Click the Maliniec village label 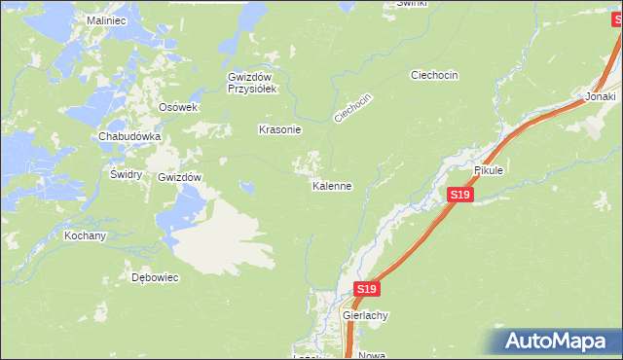[x=107, y=19]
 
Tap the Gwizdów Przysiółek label [x=253, y=83]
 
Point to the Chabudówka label [x=128, y=137]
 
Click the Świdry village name [x=127, y=174]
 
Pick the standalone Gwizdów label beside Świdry [x=179, y=178]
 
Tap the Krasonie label [x=279, y=129]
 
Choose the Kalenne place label [x=331, y=186]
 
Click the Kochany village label [x=85, y=236]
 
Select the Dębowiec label [x=155, y=277]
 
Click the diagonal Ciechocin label [x=354, y=108]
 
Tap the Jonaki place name [x=601, y=97]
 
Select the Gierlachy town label [x=366, y=316]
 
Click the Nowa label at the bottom [x=372, y=355]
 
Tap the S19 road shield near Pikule [x=460, y=197]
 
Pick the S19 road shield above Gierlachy [x=366, y=290]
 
